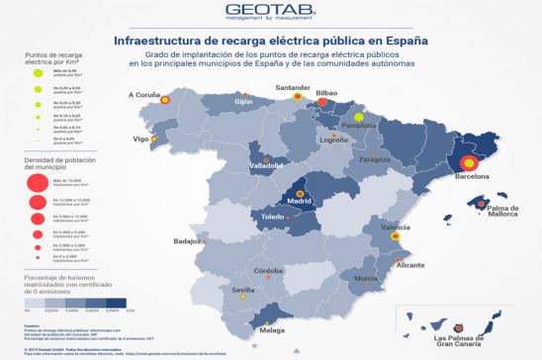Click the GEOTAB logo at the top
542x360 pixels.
[x=270, y=12]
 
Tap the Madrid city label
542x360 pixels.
[x=300, y=200]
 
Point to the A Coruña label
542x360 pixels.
[x=145, y=95]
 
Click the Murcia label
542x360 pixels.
[x=366, y=279]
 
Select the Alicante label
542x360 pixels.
[x=409, y=265]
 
